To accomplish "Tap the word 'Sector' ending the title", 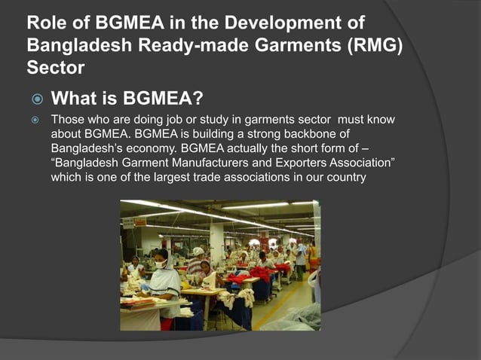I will (x=54, y=67).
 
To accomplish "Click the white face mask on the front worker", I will (x=160, y=264).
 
